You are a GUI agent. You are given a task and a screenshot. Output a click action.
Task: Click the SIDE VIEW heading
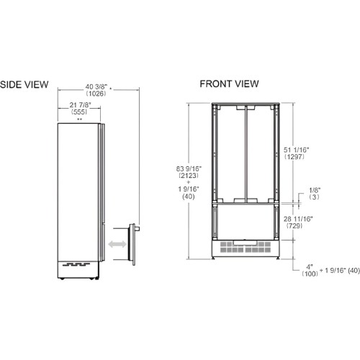coord(24,84)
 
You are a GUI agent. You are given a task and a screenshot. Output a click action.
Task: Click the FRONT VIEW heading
coord(229,84)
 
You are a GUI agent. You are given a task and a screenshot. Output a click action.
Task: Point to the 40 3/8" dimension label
coord(96,86)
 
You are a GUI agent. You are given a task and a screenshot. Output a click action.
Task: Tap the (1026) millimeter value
coord(96,94)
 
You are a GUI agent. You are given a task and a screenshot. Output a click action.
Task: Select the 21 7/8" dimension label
coord(81,105)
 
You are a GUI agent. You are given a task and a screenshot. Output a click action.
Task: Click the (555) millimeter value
coord(79,112)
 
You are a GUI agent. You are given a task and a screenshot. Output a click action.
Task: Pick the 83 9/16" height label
coord(189,168)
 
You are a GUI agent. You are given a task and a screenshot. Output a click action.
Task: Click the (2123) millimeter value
coord(189,176)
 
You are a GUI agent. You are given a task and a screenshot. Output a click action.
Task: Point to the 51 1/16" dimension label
coord(296,150)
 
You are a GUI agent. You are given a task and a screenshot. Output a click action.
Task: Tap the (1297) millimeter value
coord(294,157)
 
